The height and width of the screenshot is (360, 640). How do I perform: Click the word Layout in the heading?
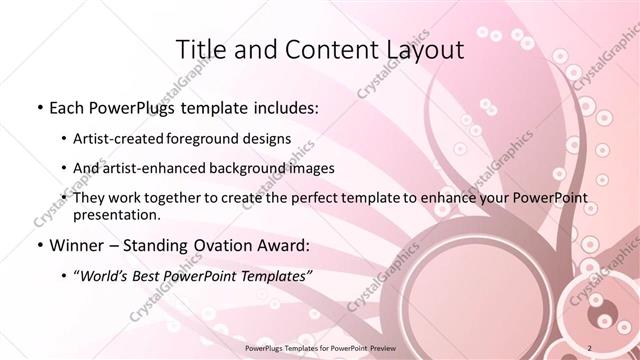(423, 49)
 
